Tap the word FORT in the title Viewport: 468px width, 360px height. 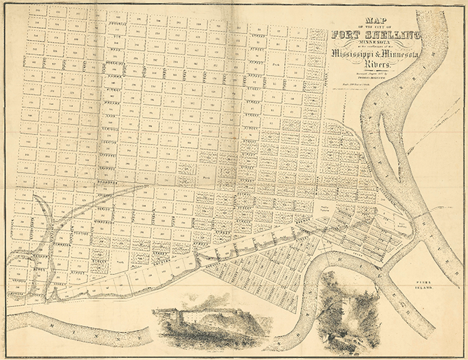coord(346,35)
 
